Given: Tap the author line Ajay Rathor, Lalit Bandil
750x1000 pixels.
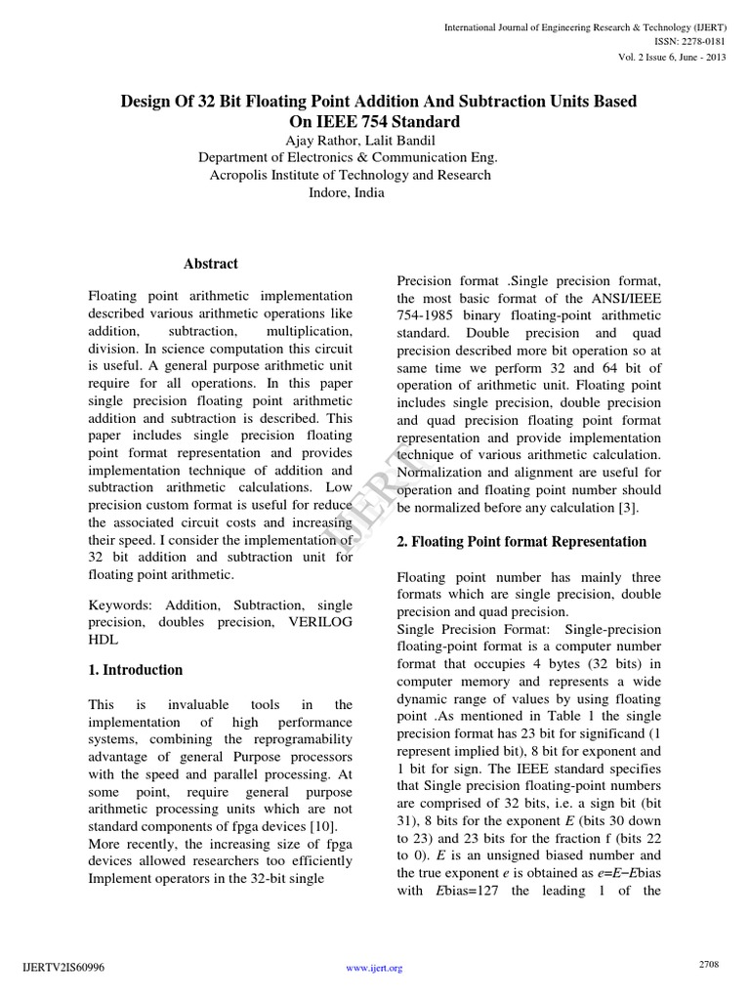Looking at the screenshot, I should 347,140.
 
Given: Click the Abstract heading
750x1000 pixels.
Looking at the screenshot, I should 211,264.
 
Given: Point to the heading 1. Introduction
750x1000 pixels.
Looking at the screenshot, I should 136,670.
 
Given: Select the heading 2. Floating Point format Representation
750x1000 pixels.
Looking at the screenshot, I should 521,542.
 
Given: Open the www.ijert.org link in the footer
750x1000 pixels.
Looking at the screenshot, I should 375,969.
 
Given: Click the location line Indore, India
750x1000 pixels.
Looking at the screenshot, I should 347,192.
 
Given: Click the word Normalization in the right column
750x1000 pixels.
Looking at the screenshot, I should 440,473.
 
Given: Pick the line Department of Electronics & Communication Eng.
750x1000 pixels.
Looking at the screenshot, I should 347,157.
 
